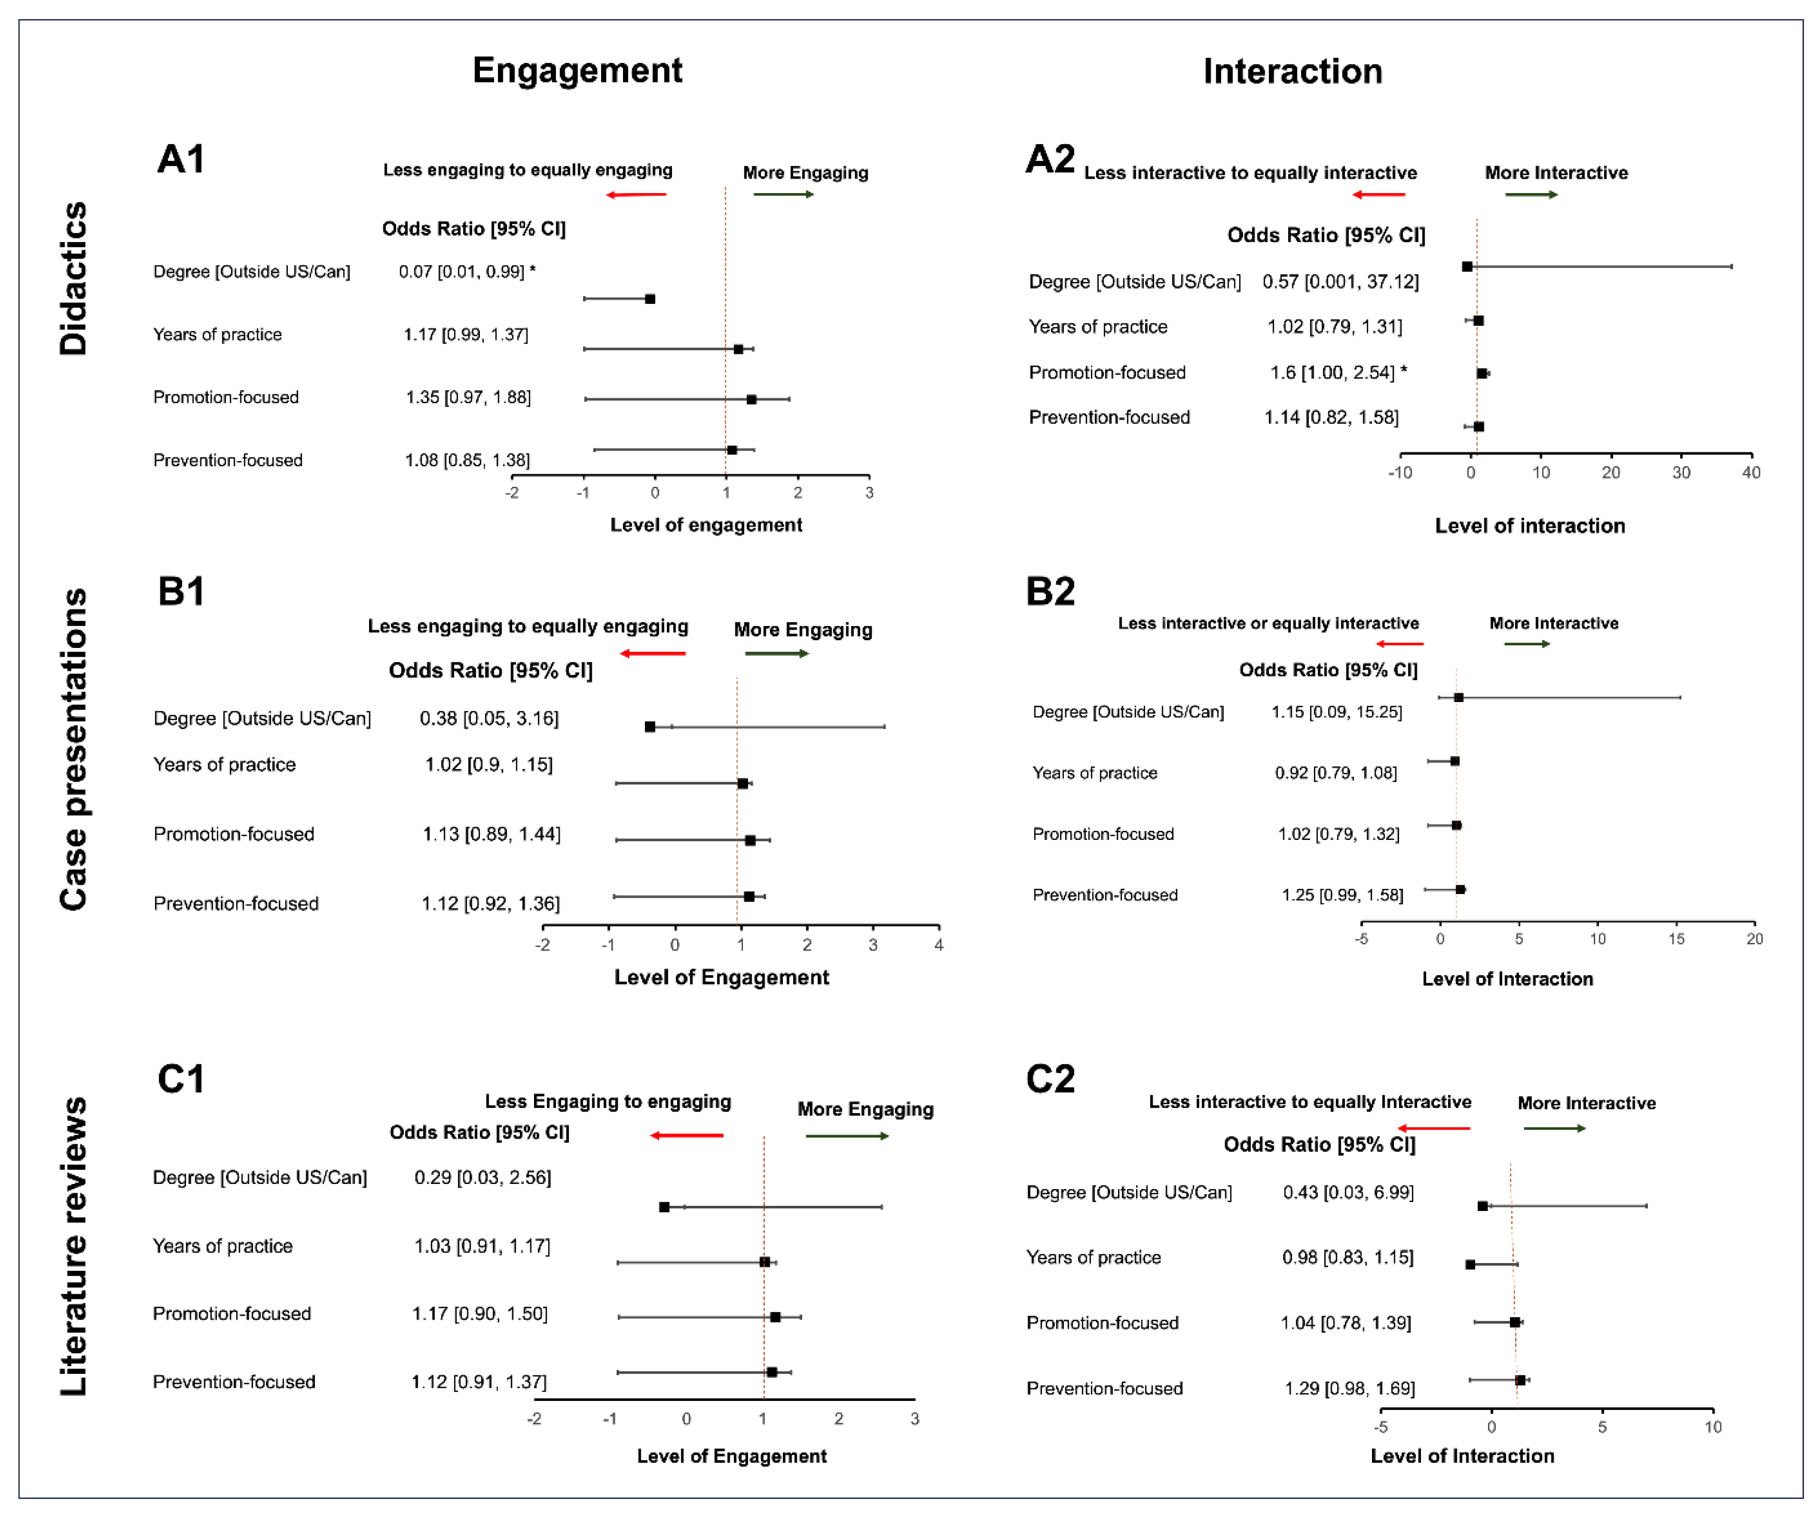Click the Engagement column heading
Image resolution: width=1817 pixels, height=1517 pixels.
(577, 70)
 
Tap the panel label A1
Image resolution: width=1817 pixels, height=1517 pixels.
(181, 159)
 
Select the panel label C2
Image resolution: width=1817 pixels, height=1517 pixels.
(1049, 1078)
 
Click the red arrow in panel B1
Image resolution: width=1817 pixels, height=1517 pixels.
(653, 653)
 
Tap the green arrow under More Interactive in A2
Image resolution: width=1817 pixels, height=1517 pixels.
(1531, 195)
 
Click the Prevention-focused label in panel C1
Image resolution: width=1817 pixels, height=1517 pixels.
(234, 1381)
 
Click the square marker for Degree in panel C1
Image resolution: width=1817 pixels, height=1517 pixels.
(664, 1206)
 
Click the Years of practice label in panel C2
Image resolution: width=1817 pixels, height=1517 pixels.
(1093, 1257)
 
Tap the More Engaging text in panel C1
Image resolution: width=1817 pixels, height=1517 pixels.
(865, 1109)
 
